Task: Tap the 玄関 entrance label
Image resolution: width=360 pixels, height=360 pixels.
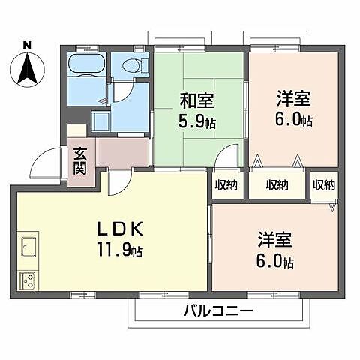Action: [80, 161]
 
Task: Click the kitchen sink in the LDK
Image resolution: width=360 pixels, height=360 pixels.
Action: [30, 246]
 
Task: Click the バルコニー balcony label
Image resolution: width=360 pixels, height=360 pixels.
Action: [217, 310]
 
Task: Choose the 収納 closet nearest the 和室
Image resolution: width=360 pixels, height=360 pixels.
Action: [226, 185]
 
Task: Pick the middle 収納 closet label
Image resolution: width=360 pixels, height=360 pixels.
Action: [276, 185]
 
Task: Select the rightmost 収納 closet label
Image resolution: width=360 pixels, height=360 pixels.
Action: [324, 185]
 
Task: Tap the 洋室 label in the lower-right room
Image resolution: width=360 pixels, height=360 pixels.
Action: [274, 241]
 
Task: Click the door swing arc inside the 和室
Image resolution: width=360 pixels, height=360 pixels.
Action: [225, 159]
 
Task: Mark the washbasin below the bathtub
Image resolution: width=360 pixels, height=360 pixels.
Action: [100, 119]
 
